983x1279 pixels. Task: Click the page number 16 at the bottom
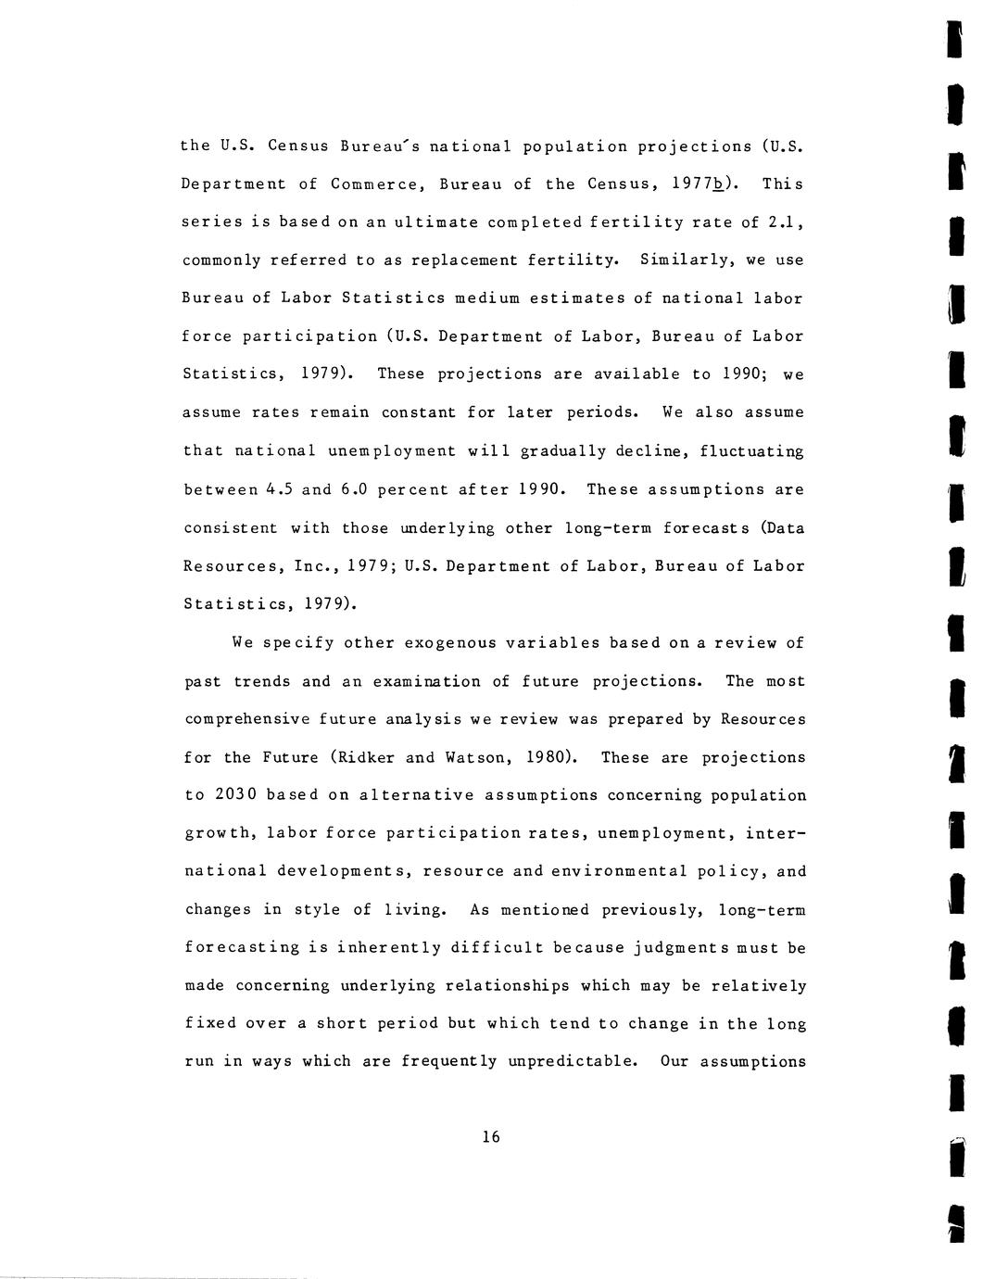491,1137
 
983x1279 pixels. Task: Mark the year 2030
234,796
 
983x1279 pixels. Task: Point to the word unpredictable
573,1062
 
